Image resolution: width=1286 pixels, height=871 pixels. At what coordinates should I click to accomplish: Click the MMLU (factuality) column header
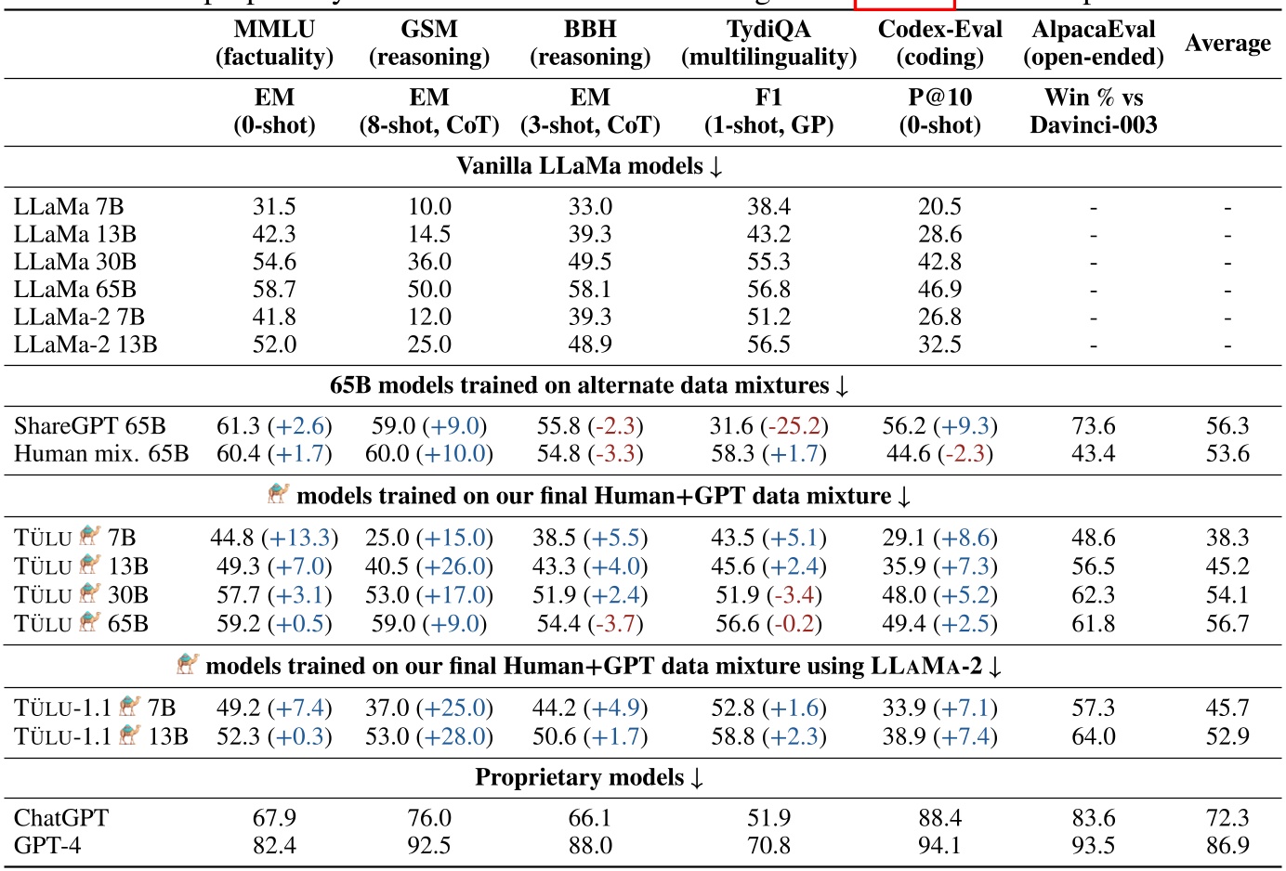tap(274, 44)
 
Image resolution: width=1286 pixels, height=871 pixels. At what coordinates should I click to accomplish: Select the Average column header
tap(1227, 44)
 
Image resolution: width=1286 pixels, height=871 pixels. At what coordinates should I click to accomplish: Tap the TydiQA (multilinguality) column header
tap(768, 44)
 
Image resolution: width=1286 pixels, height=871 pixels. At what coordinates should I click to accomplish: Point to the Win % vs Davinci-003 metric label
tap(1093, 111)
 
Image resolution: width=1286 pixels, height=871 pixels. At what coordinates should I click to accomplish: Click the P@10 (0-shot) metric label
tap(939, 111)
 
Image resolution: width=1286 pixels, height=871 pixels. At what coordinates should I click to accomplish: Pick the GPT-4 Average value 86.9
tap(1227, 846)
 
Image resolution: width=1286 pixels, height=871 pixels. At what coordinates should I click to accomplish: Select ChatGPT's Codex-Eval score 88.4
tap(939, 818)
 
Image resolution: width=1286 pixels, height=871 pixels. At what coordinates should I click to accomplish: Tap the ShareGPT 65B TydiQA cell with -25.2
tap(768, 426)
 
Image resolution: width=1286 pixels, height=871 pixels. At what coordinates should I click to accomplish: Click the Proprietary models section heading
tap(589, 777)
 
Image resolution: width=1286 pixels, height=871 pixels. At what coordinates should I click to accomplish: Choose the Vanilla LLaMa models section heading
tap(589, 166)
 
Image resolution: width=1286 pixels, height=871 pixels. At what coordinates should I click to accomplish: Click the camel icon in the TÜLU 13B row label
tap(90, 565)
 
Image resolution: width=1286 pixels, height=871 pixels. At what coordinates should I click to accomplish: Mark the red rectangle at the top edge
tap(904, 5)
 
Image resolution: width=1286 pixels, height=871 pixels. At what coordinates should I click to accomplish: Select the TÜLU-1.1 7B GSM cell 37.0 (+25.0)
tap(428, 708)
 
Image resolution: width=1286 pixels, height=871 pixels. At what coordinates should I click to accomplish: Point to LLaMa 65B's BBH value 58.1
tap(590, 290)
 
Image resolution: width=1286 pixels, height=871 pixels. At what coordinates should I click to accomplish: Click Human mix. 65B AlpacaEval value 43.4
tap(1093, 454)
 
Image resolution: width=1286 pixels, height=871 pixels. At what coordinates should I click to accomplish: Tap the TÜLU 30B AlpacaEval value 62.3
tap(1093, 595)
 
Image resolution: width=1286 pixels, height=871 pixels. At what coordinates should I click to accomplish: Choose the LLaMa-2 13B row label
tap(85, 344)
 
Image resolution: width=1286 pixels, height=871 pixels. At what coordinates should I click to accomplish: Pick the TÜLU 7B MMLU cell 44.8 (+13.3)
tap(274, 538)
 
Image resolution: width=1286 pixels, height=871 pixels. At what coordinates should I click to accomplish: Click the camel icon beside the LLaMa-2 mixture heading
tap(188, 664)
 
